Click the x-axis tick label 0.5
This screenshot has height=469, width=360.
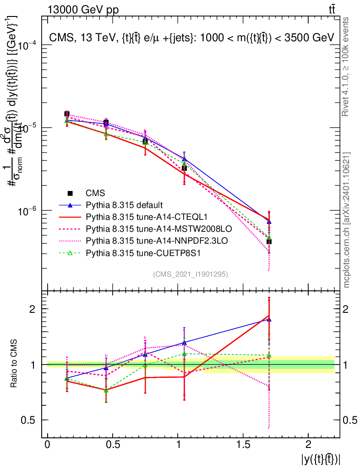(113, 445)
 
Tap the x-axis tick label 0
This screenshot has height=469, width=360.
(48, 445)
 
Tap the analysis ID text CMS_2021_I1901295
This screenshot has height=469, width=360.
(191, 274)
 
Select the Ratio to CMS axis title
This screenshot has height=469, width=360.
(14, 364)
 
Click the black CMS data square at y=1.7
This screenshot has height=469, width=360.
(269, 241)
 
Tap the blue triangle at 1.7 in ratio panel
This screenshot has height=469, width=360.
(269, 320)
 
